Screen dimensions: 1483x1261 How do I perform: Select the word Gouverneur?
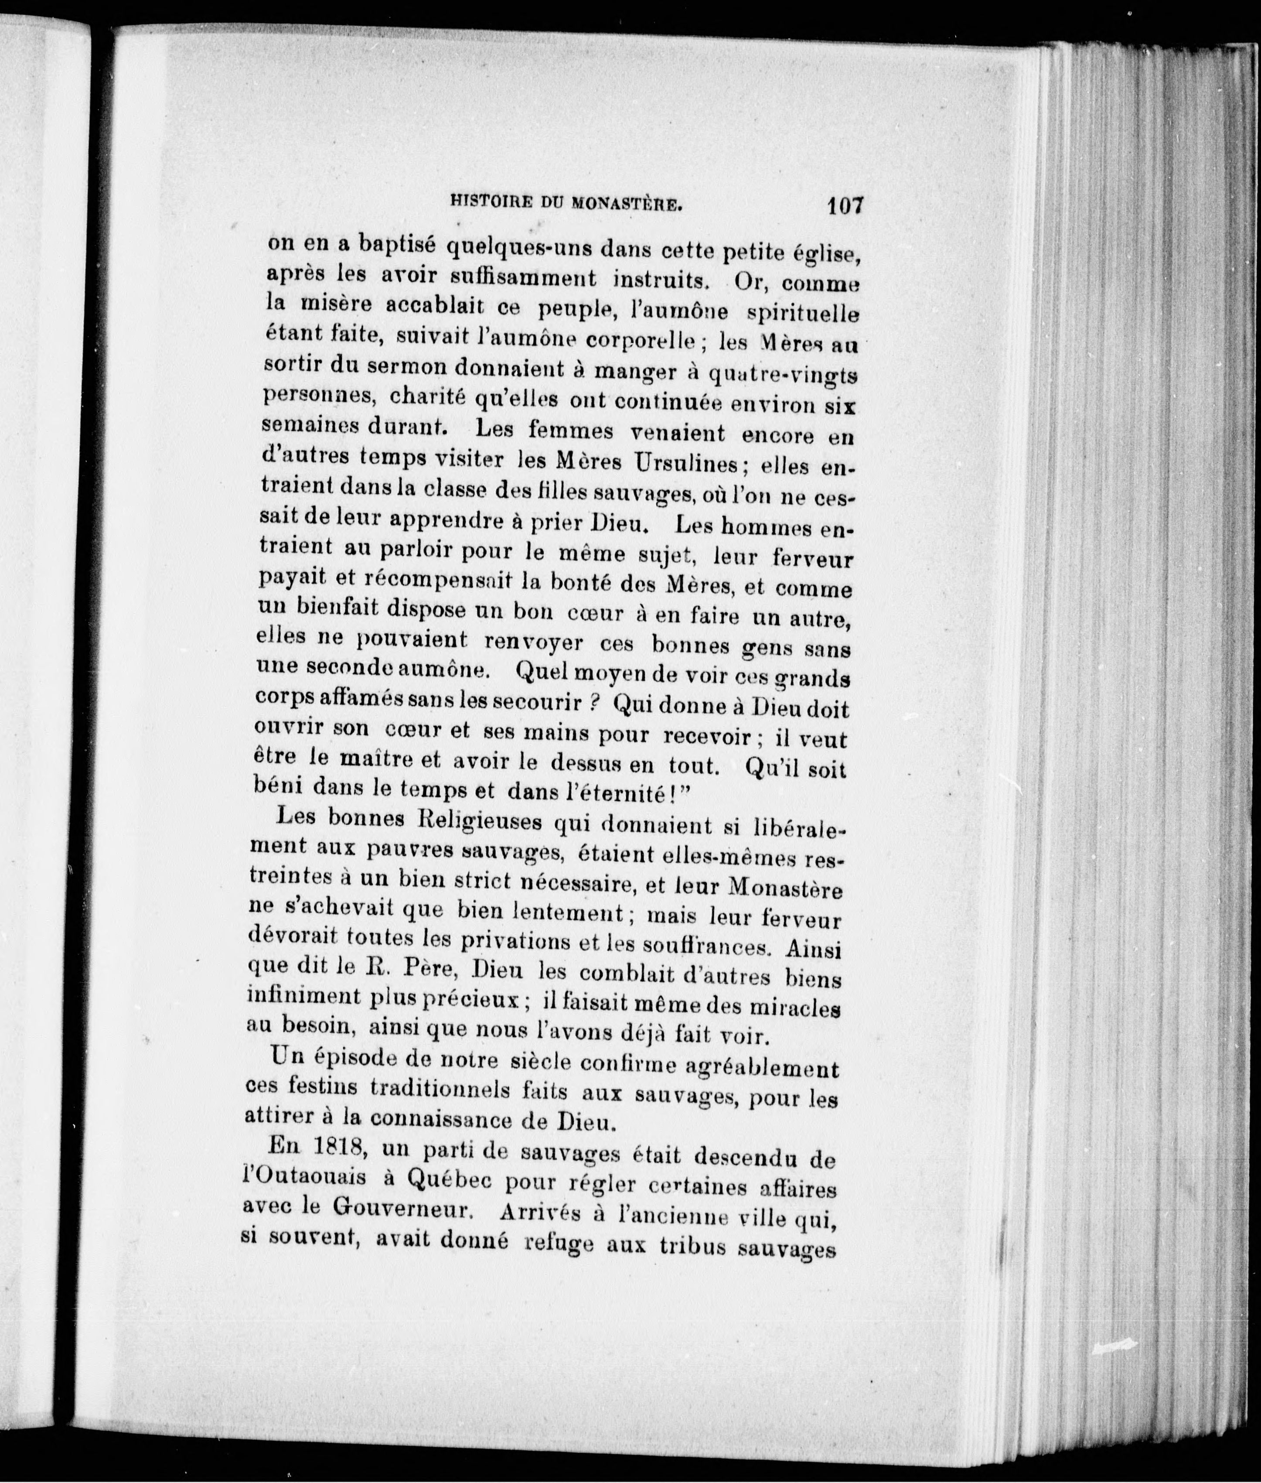pyautogui.click(x=405, y=1208)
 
